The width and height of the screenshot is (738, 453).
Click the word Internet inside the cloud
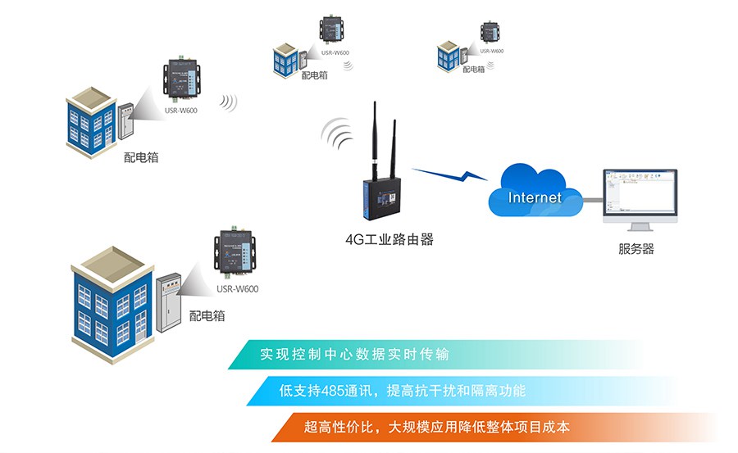point(535,197)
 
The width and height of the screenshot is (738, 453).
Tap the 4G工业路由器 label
point(389,240)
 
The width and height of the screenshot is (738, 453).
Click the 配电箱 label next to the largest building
point(207,315)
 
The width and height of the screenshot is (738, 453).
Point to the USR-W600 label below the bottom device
point(237,288)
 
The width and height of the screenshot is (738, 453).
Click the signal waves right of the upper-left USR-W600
point(228,102)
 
